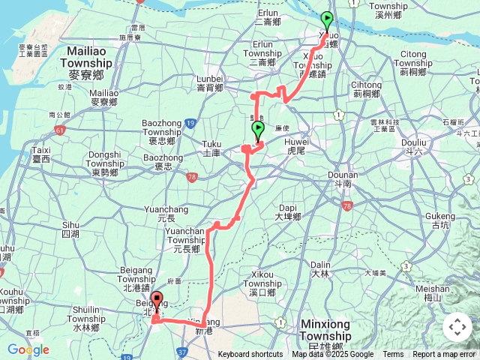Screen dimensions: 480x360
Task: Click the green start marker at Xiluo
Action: [327, 21]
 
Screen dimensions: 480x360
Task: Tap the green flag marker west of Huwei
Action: [258, 130]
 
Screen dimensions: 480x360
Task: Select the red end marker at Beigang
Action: [157, 301]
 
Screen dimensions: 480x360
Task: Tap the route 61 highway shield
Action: [59, 129]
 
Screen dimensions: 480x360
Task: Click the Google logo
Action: [28, 349]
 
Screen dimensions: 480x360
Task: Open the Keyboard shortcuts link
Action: [250, 355]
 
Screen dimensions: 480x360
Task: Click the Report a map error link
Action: [444, 355]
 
